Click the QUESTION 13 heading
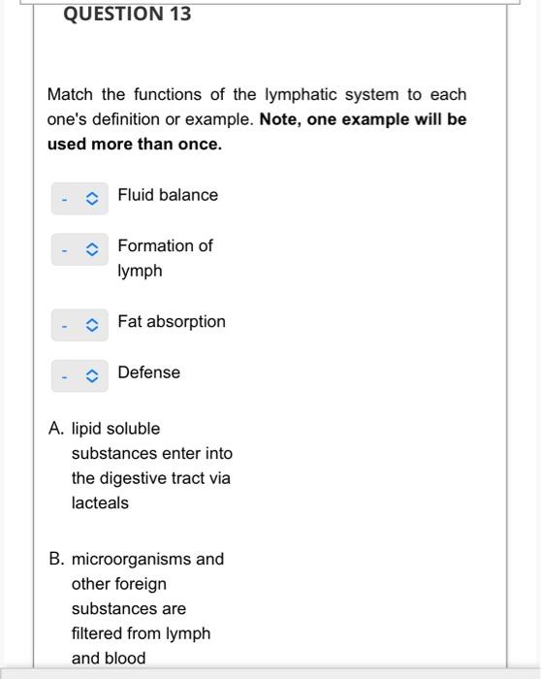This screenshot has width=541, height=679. coord(127,15)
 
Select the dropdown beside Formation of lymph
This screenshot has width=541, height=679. coord(80,249)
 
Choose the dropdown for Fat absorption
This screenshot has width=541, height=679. coord(80,325)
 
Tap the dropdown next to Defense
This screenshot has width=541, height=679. coord(80,375)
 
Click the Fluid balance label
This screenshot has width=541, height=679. coord(168,195)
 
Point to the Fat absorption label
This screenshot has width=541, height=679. coord(172,321)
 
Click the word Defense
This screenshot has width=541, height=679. coord(149,372)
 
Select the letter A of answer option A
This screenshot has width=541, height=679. coord(55,429)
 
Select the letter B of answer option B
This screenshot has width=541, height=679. coord(55,560)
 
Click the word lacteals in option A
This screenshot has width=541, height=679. coord(100,503)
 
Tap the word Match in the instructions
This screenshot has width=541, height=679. coord(71,94)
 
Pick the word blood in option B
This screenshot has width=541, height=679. coord(127,659)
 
